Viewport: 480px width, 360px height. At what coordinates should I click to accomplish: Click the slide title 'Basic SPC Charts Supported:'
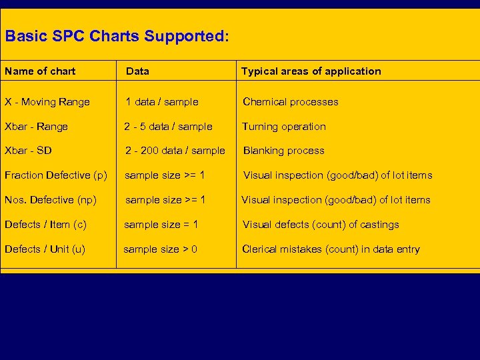[x=117, y=35]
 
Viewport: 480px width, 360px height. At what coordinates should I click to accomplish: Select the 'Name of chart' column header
[x=40, y=71]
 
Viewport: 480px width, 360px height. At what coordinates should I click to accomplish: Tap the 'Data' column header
[x=137, y=71]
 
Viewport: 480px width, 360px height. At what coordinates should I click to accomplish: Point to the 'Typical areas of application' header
[x=311, y=71]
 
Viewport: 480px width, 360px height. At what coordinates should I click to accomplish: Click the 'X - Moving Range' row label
[x=47, y=102]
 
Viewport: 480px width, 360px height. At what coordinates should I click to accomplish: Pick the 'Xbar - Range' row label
[x=36, y=127]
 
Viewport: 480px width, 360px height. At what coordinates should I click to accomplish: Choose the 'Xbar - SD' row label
[x=28, y=151]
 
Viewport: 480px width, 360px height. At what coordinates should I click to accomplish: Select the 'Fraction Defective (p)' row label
[x=55, y=175]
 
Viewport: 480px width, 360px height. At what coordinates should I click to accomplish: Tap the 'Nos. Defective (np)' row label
[x=51, y=200]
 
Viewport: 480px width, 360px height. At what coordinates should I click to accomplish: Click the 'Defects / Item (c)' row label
[x=45, y=225]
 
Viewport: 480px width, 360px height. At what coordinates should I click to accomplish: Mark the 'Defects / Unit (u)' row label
[x=45, y=249]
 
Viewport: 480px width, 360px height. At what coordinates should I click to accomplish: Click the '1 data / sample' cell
[x=163, y=102]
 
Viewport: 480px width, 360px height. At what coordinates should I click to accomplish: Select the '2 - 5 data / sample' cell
[x=168, y=127]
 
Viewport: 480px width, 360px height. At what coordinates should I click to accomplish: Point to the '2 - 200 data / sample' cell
[x=175, y=151]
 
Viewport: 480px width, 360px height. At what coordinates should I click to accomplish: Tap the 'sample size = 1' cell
[x=161, y=225]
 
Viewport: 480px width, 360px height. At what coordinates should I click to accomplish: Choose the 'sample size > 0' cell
[x=160, y=249]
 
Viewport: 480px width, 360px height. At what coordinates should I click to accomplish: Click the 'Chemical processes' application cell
[x=290, y=102]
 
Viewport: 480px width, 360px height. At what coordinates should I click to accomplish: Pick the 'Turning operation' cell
[x=284, y=127]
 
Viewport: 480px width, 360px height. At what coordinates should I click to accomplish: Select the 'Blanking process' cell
[x=283, y=151]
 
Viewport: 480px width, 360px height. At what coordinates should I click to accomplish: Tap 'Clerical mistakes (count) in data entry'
[x=331, y=249]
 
